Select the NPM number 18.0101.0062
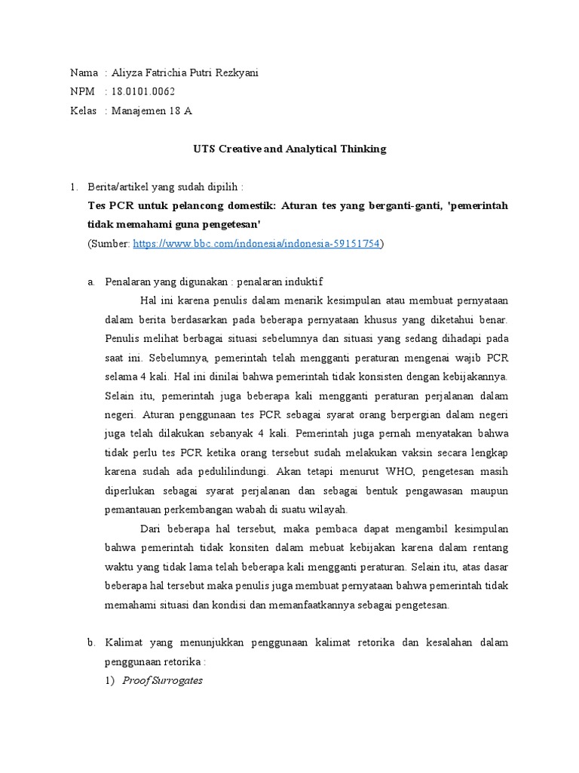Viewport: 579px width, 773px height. coord(142,91)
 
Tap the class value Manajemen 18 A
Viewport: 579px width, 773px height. coord(152,110)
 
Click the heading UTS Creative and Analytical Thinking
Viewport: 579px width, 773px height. coord(289,149)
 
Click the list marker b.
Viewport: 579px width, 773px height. coord(90,643)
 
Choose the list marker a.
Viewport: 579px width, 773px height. coord(90,282)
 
